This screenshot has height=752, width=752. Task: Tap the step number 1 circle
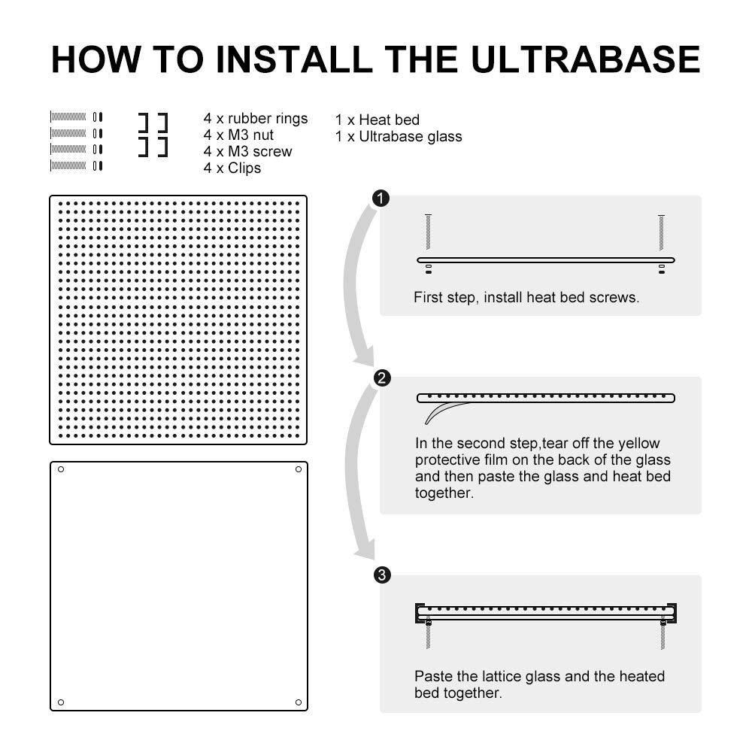click(382, 199)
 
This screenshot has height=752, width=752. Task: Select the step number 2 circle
click(382, 378)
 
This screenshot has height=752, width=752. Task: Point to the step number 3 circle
click(382, 576)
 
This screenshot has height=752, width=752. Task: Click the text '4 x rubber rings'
click(256, 119)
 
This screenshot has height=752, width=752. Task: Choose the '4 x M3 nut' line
click(238, 135)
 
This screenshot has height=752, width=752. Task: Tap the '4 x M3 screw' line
click(247, 152)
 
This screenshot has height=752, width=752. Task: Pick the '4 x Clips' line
click(232, 168)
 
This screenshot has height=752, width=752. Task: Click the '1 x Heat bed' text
click(378, 120)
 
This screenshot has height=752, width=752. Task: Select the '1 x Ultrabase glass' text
click(399, 137)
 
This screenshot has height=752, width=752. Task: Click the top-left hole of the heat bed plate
click(61, 469)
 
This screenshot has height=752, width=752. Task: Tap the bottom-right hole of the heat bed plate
click(299, 702)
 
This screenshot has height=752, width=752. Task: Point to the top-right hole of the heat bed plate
click(299, 469)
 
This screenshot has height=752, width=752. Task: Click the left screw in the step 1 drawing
click(428, 232)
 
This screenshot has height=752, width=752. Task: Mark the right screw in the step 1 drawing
click(662, 232)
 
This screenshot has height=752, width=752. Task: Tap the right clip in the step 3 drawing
click(672, 612)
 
